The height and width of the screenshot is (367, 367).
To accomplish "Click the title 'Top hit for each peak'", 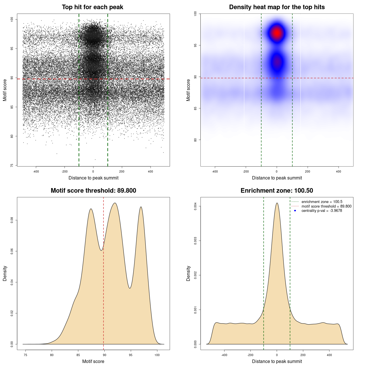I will pos(92,7).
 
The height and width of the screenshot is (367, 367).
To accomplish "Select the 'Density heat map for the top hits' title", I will pos(277,7).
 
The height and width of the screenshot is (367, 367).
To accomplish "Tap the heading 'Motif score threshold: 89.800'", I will pos(93,191).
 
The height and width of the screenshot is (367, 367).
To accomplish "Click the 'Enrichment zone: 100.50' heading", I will pos(277,191).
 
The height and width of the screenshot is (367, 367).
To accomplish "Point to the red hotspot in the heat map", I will pos(277,33).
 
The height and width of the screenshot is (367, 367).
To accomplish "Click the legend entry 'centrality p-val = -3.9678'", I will pos(322,211).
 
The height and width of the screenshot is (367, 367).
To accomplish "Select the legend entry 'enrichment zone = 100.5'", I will pos(322,202).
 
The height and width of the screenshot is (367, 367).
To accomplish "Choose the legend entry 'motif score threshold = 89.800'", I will pos(326,206).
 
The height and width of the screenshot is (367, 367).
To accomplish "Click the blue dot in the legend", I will pos(295,211).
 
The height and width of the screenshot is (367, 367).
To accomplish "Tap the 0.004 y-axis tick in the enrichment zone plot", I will pos(196,206).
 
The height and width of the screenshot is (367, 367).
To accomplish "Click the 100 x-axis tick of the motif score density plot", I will pos(157,355).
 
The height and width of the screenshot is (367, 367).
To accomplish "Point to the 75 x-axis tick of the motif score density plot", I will pos(26,355).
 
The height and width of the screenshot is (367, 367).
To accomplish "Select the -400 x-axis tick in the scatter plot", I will pos(36,171).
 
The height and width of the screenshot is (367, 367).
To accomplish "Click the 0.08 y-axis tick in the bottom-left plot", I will pos(12,220).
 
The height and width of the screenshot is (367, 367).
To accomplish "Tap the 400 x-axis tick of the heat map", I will pos(339,171).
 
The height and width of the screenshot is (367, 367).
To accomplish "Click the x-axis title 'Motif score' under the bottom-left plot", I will pos(93,361).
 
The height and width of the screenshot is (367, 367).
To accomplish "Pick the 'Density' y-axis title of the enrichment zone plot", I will pos(188,273).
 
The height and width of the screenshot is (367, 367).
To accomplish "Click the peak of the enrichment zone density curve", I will pos(277,203).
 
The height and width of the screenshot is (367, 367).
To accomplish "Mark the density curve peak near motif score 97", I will pos(141,207).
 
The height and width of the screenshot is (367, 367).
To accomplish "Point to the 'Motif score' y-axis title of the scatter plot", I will pos(5,90).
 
